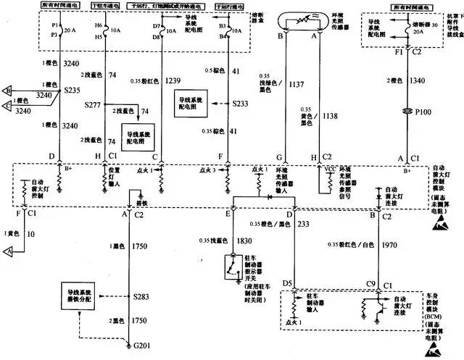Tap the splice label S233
click(242, 104)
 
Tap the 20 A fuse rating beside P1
click(70, 32)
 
